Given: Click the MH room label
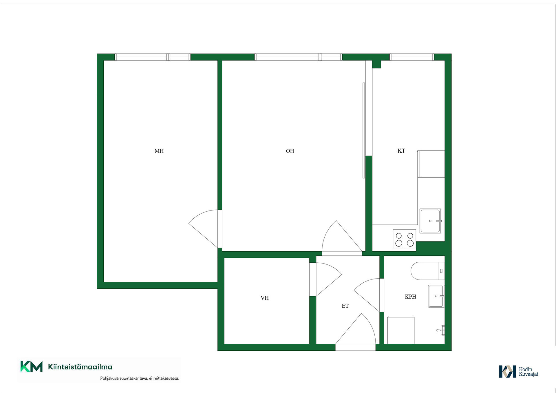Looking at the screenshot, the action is (x=159, y=151).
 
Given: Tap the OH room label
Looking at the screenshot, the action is (x=290, y=151).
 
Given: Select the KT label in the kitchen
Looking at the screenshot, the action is (x=401, y=151).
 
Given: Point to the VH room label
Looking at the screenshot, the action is (x=265, y=298).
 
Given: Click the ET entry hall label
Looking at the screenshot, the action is (x=345, y=306).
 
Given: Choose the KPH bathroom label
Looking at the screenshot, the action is (x=410, y=297).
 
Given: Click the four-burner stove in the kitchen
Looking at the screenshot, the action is (x=404, y=239).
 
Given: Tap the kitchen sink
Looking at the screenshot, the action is (x=430, y=221).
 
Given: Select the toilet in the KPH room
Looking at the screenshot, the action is (x=427, y=271).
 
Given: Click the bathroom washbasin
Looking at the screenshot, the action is (x=436, y=296).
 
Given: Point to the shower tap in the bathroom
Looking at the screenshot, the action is (x=441, y=330).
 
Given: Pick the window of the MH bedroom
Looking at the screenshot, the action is (x=153, y=57).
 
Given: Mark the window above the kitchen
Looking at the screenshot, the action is (x=412, y=57).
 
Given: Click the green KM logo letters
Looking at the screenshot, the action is (x=31, y=367).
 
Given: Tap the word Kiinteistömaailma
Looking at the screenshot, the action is (x=80, y=367).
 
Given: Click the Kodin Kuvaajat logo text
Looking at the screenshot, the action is (x=528, y=372).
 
